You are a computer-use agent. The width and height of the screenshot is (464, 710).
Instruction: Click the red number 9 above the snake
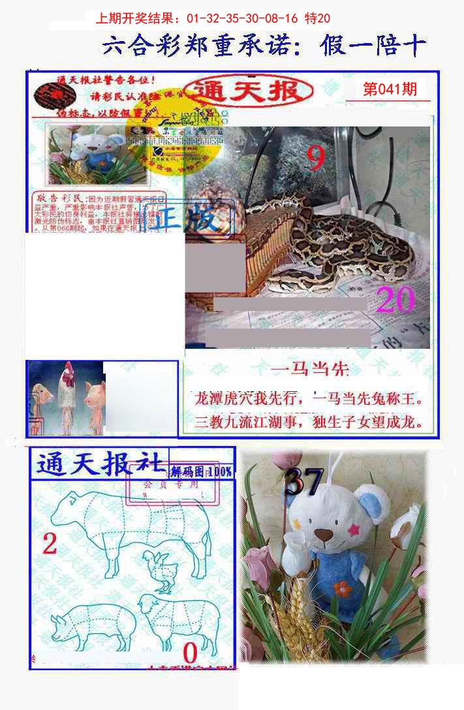pyautogui.click(x=317, y=158)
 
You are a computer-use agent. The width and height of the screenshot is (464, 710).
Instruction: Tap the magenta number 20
pyautogui.click(x=395, y=301)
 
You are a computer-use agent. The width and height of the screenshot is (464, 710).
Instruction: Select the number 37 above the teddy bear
pyautogui.click(x=304, y=482)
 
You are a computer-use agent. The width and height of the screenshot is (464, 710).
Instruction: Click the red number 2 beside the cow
pyautogui.click(x=50, y=543)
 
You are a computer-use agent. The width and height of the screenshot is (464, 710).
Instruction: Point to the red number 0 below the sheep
pyautogui.click(x=190, y=653)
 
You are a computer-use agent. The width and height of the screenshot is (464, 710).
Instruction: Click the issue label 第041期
pyautogui.click(x=390, y=89)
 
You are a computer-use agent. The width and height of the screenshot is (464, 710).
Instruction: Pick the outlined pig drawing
pyautogui.click(x=92, y=625)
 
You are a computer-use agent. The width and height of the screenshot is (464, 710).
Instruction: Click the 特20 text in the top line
pyautogui.click(x=317, y=18)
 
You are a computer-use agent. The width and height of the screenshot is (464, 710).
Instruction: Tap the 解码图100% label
pyautogui.click(x=201, y=471)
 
